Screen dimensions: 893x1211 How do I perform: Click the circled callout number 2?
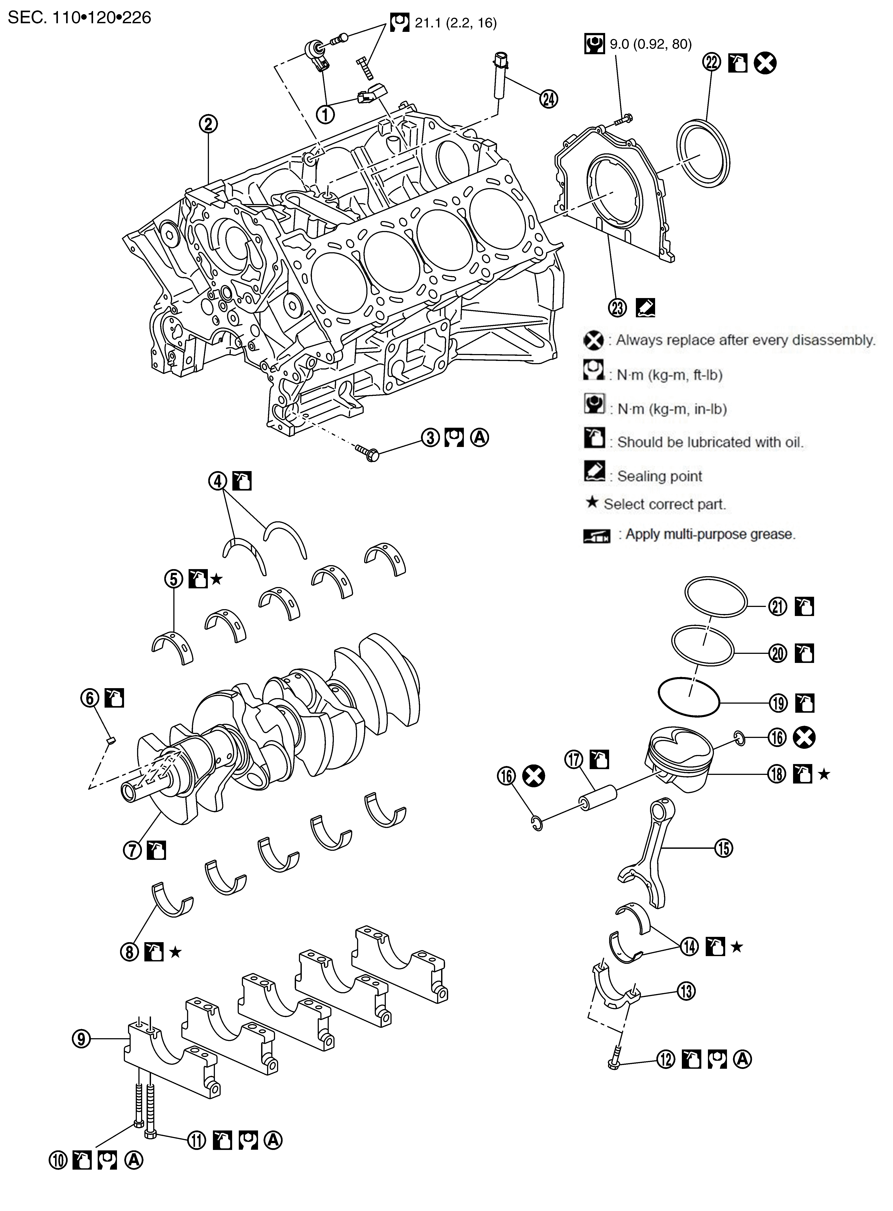[208, 124]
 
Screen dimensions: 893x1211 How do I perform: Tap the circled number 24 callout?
[549, 99]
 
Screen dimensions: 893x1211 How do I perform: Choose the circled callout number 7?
[132, 850]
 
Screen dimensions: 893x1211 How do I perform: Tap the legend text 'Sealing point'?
[660, 477]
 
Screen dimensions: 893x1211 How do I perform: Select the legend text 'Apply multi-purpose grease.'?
[710, 534]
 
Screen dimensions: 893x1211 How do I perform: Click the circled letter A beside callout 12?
[742, 1059]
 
